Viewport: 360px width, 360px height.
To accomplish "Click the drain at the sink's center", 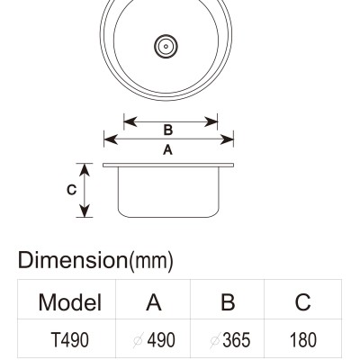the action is tap(166, 47).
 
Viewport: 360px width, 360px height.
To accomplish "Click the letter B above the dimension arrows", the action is tap(168, 130).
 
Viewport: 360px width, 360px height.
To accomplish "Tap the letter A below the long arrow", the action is tap(168, 149).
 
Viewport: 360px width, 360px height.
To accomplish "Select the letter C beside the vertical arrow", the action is tap(71, 190).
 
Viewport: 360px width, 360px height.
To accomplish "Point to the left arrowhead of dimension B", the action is tap(130, 121).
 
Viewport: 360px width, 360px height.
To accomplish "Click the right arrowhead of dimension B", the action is tap(211, 121).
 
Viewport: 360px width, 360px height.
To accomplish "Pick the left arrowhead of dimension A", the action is tap(111, 139).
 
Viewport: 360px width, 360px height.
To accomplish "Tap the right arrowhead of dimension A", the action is tap(227, 139).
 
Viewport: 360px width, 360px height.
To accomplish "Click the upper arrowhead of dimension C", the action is tap(85, 170).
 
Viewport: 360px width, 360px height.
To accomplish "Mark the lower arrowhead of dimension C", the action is tap(85, 211).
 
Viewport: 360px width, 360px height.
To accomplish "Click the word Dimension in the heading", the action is tap(73, 260).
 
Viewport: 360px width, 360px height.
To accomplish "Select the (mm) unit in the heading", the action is tap(151, 262).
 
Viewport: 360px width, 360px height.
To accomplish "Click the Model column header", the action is tap(70, 302).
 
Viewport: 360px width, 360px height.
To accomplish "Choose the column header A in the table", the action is tap(154, 301).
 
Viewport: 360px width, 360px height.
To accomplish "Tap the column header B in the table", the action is tap(228, 301).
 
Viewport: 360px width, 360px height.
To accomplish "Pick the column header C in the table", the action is tap(302, 301).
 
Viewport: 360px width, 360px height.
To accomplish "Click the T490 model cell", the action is tap(70, 340).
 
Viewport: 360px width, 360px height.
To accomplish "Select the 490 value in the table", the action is tap(161, 340).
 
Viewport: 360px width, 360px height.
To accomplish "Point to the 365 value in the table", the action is tap(237, 340).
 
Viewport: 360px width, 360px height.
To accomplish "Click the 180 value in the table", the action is tap(303, 340).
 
